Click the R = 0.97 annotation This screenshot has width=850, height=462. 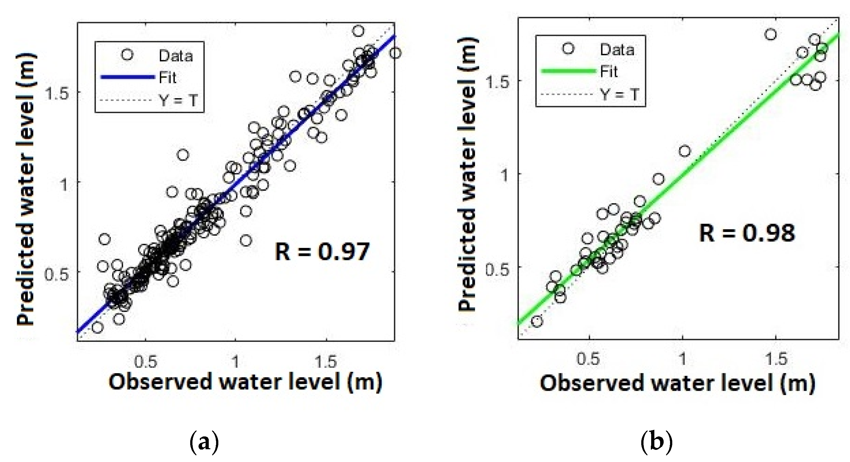click(x=322, y=252)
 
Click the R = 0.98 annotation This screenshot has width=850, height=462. click(x=747, y=233)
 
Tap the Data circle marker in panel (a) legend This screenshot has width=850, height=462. click(x=127, y=55)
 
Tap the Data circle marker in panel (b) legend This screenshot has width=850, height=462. click(x=568, y=49)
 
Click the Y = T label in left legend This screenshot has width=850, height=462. click(x=178, y=100)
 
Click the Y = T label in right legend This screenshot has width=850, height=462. click(x=619, y=95)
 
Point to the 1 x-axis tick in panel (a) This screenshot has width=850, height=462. click(x=235, y=362)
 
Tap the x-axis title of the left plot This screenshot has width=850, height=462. click(x=245, y=382)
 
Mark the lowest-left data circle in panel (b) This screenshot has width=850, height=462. click(x=537, y=321)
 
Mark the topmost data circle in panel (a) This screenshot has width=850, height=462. click(x=358, y=31)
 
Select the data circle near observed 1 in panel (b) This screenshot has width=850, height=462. click(x=685, y=151)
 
